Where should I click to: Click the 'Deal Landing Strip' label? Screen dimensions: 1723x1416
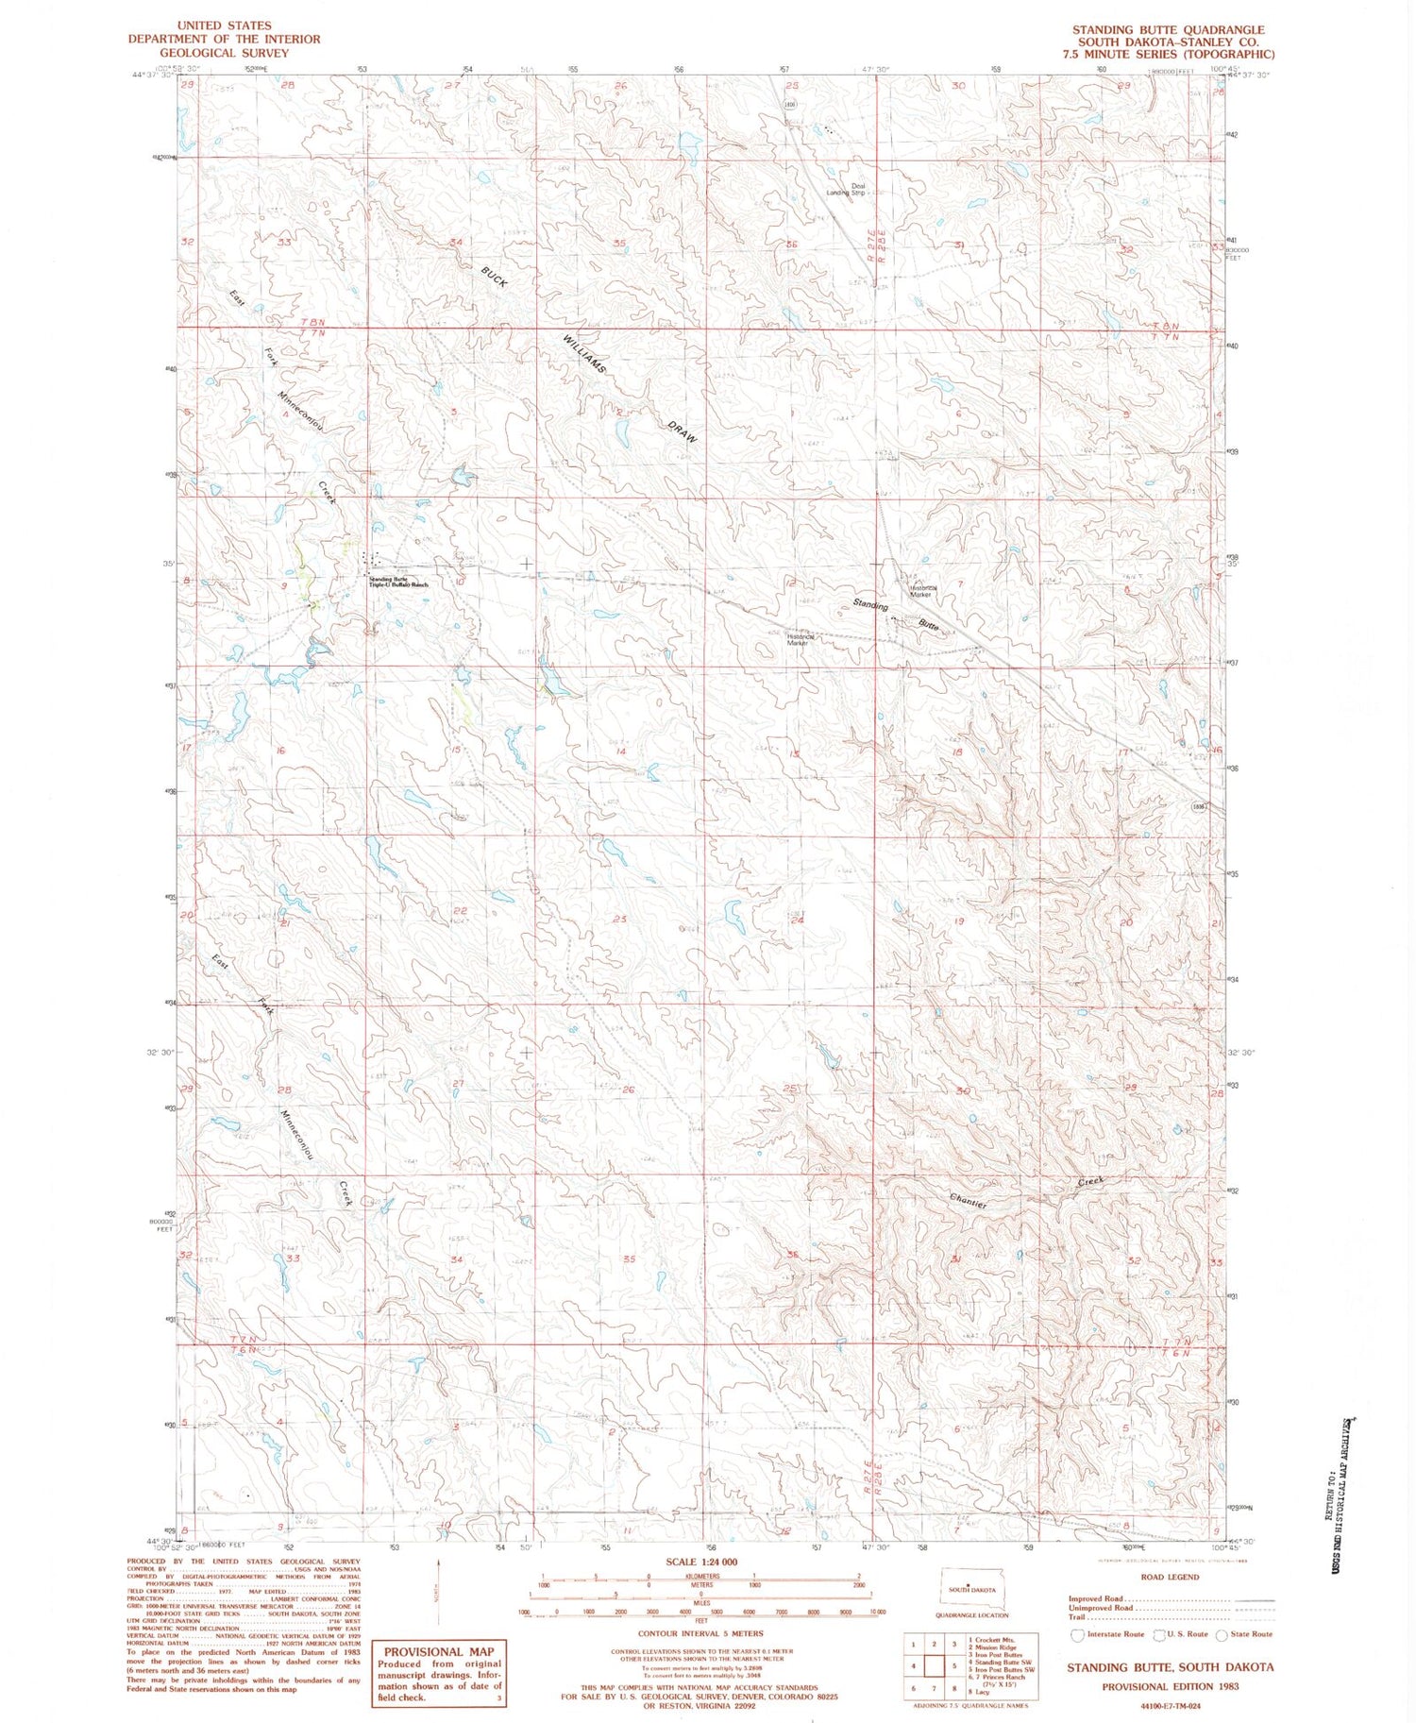(x=845, y=189)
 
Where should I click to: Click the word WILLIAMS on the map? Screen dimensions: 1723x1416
(x=584, y=354)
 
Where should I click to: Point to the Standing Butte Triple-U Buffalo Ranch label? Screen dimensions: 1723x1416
(x=397, y=583)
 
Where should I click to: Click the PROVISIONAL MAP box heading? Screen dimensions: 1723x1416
(x=438, y=1652)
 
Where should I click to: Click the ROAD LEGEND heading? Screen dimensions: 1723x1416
(x=1169, y=1577)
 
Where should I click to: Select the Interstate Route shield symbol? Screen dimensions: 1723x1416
(x=1078, y=1634)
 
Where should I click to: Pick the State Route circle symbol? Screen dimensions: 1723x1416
(x=1222, y=1634)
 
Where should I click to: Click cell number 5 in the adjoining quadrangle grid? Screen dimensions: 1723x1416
(x=954, y=1666)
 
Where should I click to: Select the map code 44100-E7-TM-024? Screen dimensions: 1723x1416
(x=1169, y=1706)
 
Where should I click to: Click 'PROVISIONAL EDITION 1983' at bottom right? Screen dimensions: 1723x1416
(x=1170, y=1685)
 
